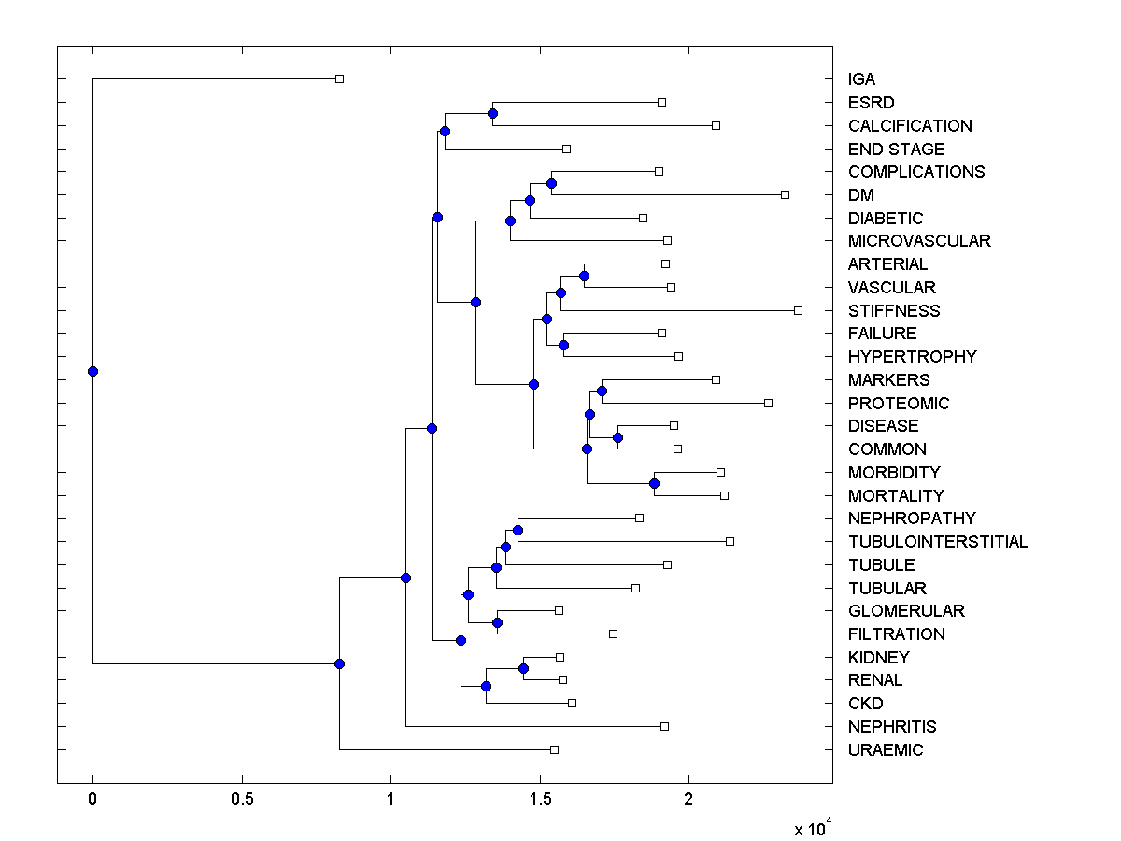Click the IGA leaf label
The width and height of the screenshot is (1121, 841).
click(861, 79)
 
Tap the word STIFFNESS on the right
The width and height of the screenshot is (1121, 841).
click(894, 310)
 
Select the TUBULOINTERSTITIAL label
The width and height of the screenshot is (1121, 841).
click(937, 542)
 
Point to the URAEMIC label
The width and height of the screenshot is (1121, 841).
click(885, 750)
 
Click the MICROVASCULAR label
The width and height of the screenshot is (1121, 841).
click(919, 241)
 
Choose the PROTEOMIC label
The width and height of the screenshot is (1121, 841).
click(899, 403)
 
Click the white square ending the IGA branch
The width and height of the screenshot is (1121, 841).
click(340, 78)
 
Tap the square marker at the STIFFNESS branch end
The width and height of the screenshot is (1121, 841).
click(798, 310)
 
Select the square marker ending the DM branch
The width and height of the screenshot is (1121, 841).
click(786, 194)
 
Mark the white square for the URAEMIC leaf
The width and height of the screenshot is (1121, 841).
click(554, 749)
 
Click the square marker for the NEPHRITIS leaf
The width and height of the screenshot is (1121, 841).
click(664, 726)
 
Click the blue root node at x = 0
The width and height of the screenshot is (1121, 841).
click(92, 371)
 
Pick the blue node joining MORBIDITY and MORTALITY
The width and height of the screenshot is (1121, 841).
click(654, 483)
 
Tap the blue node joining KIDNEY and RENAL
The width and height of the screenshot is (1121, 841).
click(523, 668)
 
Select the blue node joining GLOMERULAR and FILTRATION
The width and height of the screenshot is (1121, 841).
click(497, 622)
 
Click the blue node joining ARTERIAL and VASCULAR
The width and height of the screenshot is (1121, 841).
click(584, 276)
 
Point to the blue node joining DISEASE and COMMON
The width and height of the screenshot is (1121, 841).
click(617, 437)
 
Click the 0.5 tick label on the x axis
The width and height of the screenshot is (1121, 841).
click(242, 800)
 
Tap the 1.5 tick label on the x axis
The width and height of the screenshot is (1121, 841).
click(539, 800)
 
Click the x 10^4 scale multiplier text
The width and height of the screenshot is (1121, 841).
click(810, 828)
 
